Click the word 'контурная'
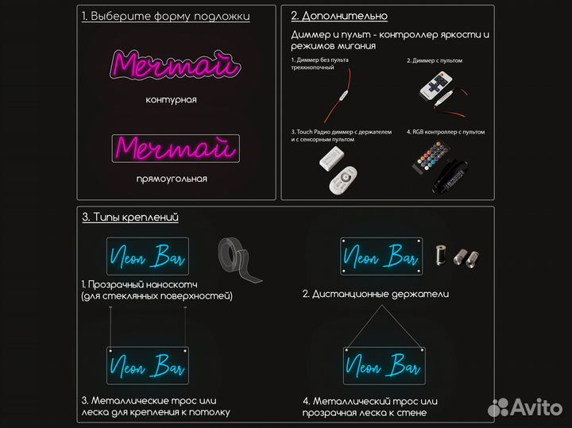pos(171,100)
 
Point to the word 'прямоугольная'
pos(172,179)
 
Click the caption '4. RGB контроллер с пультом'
pos(446,132)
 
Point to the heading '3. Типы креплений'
pos(129,217)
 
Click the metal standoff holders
pos(456,256)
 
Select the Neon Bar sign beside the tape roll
pos(147,256)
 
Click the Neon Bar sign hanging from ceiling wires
pos(147,365)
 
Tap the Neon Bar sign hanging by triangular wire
pos(384,366)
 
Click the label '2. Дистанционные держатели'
pos(376,294)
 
